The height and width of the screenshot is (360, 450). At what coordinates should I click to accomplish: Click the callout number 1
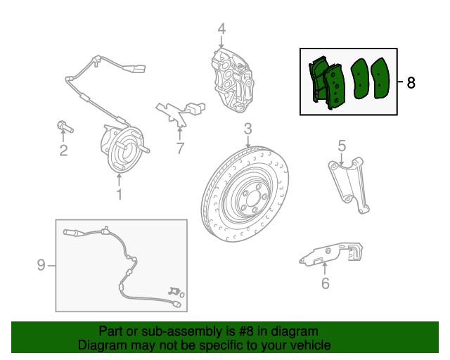click(x=119, y=194)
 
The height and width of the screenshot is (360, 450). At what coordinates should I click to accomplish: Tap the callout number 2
click(x=64, y=150)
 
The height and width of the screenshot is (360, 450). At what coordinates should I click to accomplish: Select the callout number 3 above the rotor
click(x=248, y=129)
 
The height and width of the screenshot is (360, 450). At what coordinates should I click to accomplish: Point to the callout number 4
click(x=221, y=29)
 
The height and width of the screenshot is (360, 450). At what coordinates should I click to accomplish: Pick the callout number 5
click(x=342, y=146)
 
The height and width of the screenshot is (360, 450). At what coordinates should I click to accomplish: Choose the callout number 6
click(x=325, y=283)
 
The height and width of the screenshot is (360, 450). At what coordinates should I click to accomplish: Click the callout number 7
click(x=180, y=148)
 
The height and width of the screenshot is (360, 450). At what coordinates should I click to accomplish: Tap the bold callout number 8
click(x=411, y=83)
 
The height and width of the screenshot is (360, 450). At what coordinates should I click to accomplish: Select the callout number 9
click(x=41, y=264)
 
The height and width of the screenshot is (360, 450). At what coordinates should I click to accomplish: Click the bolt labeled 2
click(x=65, y=127)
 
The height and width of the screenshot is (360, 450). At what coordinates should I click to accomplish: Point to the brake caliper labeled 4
click(x=233, y=81)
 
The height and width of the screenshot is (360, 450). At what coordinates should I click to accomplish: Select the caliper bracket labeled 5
click(x=349, y=185)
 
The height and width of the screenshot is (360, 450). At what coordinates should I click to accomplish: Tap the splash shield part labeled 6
click(x=330, y=254)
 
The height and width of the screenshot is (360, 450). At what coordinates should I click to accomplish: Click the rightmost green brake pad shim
click(x=380, y=78)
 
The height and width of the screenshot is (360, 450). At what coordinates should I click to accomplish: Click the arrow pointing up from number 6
click(x=325, y=269)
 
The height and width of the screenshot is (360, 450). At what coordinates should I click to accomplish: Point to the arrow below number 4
click(x=221, y=42)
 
